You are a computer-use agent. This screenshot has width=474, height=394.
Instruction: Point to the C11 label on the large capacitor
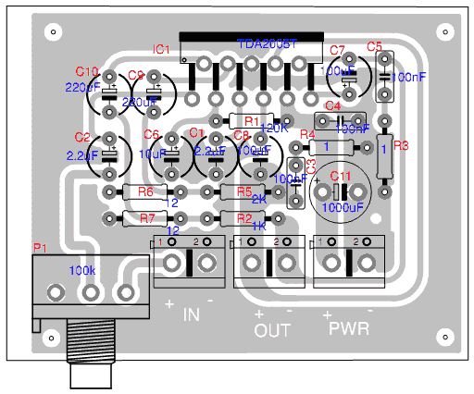click(x=341, y=176)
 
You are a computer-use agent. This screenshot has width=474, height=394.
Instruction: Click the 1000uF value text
click(x=341, y=208)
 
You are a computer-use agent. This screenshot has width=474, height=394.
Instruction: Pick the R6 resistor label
click(x=145, y=191)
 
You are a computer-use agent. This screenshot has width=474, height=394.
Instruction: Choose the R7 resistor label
click(x=145, y=218)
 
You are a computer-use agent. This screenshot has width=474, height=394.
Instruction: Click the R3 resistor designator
click(x=400, y=146)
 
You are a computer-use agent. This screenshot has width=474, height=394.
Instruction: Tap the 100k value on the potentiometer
click(x=83, y=271)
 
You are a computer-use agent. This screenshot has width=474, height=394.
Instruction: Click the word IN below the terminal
click(x=191, y=315)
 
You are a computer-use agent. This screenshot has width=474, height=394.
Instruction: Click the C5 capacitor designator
click(x=374, y=46)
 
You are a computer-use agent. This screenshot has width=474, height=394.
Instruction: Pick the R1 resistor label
click(x=251, y=121)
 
